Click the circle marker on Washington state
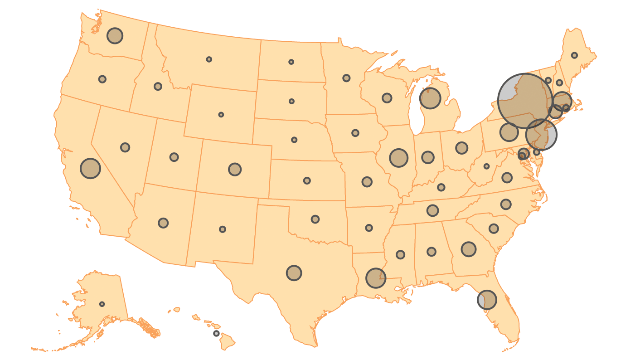[115, 35]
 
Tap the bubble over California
[90, 168]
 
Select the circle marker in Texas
[294, 272]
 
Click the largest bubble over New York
[525, 101]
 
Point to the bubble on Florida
[487, 300]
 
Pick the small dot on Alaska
[102, 304]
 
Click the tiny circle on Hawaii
[216, 333]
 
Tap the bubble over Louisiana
[376, 278]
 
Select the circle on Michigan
[430, 98]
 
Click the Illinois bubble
[399, 158]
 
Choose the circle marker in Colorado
[235, 169]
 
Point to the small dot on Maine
[574, 55]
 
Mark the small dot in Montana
[209, 59]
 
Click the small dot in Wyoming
[221, 115]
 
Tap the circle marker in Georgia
[469, 249]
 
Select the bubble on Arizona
[163, 223]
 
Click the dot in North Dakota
[291, 62]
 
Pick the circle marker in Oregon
[102, 79]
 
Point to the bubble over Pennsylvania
[509, 132]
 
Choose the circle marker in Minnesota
[346, 78]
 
